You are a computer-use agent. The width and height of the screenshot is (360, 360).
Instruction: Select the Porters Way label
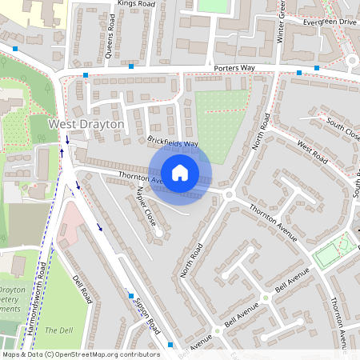234,69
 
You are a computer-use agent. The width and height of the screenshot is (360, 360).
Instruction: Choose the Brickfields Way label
172,142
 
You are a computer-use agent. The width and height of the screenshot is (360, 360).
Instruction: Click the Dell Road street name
83,290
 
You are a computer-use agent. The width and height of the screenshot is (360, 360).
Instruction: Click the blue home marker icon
180,173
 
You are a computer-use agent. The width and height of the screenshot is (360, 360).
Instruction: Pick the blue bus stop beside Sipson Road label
130,296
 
